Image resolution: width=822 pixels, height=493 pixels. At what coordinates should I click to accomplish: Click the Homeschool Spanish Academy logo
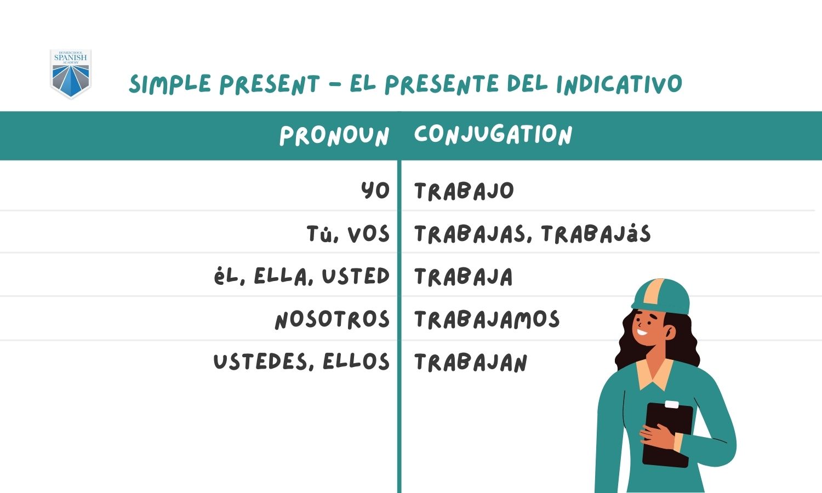pyautogui.click(x=71, y=74)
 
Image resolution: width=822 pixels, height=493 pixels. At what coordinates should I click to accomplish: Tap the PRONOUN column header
pyautogui.click(x=334, y=136)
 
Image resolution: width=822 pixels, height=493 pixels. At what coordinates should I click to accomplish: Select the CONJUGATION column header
pyautogui.click(x=493, y=135)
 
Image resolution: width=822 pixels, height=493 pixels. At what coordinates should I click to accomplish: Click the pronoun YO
pyautogui.click(x=375, y=191)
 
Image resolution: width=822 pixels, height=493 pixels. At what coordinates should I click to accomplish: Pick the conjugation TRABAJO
pyautogui.click(x=464, y=191)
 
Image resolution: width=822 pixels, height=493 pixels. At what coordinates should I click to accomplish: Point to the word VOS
pyautogui.click(x=368, y=234)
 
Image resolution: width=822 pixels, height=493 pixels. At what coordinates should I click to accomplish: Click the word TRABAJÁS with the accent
pyautogui.click(x=596, y=233)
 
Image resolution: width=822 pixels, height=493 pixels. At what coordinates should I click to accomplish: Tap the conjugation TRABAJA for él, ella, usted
pyautogui.click(x=464, y=277)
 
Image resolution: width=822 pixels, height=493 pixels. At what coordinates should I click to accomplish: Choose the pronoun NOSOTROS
pyautogui.click(x=332, y=319)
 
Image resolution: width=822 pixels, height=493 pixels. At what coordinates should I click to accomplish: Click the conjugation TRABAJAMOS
pyautogui.click(x=487, y=319)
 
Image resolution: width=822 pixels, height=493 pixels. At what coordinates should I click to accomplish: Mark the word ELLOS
pyautogui.click(x=356, y=362)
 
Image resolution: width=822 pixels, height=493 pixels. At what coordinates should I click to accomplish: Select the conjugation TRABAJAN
pyautogui.click(x=471, y=362)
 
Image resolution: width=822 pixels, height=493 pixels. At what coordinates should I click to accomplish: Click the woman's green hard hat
pyautogui.click(x=660, y=296)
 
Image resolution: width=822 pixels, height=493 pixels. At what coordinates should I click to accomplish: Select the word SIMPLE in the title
pyautogui.click(x=170, y=84)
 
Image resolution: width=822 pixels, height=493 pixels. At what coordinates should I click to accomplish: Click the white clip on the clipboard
pyautogui.click(x=671, y=404)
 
